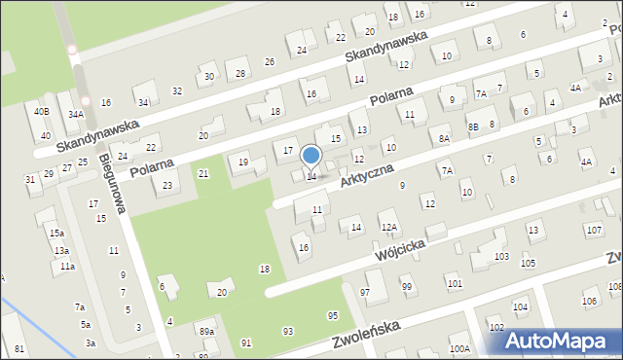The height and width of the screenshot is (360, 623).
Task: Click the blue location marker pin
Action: click(x=311, y=156)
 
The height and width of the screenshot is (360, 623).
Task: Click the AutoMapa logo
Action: click(x=561, y=340)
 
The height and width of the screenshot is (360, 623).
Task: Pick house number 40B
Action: click(x=41, y=112)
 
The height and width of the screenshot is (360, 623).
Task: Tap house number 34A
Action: click(x=75, y=115)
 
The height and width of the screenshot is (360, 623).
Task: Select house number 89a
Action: click(x=206, y=332)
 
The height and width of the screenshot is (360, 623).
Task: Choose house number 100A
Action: click(x=459, y=348)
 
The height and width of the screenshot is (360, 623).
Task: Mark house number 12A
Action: click(x=389, y=227)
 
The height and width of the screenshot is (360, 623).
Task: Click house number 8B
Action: click(x=473, y=126)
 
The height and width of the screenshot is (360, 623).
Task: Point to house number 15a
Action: click(x=58, y=234)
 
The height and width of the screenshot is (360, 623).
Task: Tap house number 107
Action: click(x=593, y=230)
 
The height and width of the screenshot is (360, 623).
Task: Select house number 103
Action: click(x=501, y=256)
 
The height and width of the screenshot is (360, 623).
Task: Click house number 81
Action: click(x=19, y=348)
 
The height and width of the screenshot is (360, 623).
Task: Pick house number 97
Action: click(x=365, y=292)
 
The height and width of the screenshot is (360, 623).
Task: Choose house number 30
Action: click(x=208, y=77)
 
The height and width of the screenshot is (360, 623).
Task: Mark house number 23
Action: click(x=167, y=185)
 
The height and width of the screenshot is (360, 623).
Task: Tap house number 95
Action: click(x=333, y=315)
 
